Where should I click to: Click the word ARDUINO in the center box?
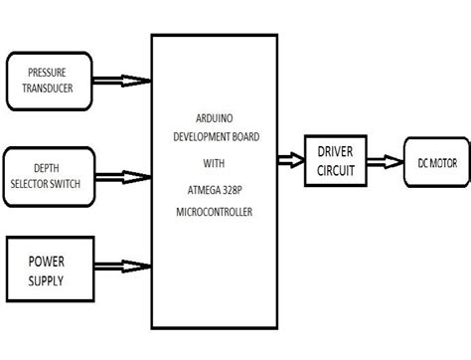click(x=214, y=117)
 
